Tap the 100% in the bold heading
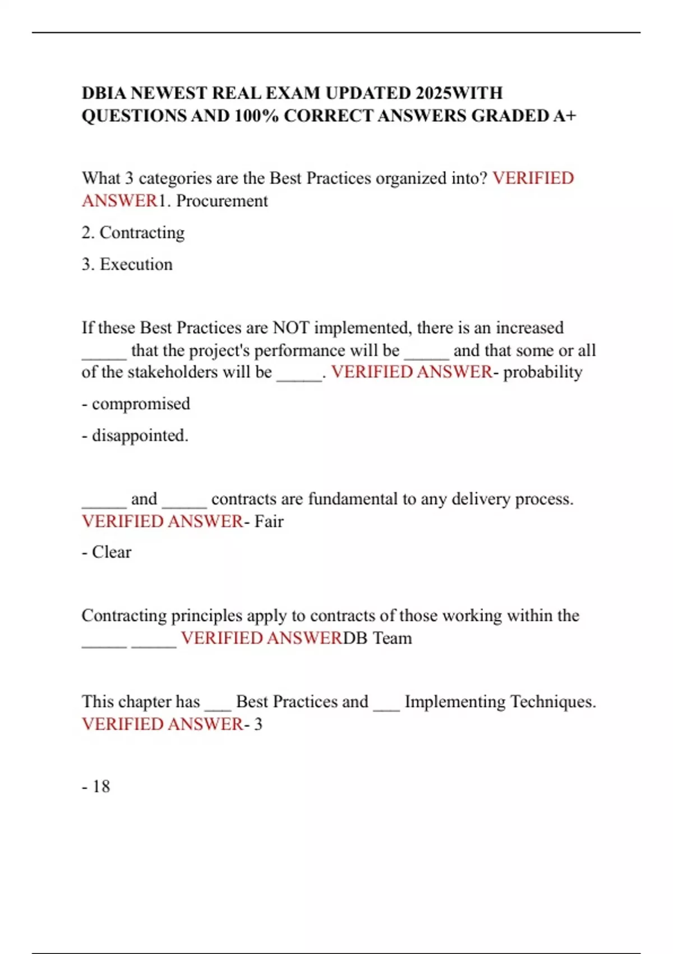click(x=256, y=116)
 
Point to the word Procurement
click(x=222, y=201)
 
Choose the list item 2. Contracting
click(x=133, y=232)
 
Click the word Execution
click(x=136, y=264)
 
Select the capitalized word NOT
click(x=291, y=328)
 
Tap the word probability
click(x=543, y=372)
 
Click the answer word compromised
click(x=141, y=403)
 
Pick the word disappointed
click(x=140, y=435)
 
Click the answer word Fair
click(x=269, y=521)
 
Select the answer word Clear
click(x=112, y=552)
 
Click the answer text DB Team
click(x=377, y=638)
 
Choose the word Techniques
click(x=553, y=701)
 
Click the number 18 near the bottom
click(x=101, y=786)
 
